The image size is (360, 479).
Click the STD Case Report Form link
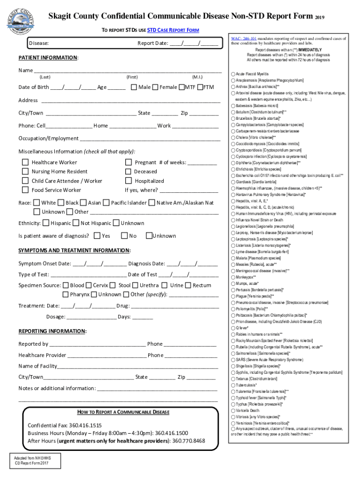(x=173, y=30)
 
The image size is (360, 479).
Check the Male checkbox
(x=134, y=87)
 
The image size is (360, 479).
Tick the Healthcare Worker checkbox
(x=25, y=162)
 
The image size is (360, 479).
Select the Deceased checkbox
(x=128, y=172)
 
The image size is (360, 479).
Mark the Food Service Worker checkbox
(x=25, y=190)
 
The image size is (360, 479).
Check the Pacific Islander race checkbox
(x=106, y=203)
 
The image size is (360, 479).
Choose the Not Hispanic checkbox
(x=76, y=223)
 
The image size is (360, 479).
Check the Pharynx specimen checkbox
(x=65, y=294)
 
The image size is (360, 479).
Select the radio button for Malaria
(x=233, y=258)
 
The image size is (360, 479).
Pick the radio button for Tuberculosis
(x=233, y=385)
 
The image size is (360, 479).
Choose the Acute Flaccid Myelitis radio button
(x=233, y=74)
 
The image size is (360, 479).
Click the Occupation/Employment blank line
(x=149, y=139)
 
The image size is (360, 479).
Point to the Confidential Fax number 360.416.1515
(x=85, y=425)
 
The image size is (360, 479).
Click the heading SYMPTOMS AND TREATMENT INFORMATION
(x=74, y=251)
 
